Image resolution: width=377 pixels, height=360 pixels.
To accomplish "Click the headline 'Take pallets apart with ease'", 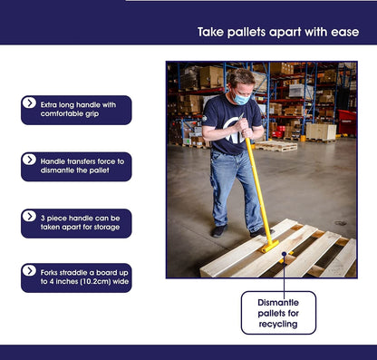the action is [x=278, y=32].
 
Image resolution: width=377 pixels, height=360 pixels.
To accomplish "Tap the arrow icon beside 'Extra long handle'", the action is [x=29, y=102].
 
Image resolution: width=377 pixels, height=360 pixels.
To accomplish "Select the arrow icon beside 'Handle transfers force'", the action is [x=29, y=160].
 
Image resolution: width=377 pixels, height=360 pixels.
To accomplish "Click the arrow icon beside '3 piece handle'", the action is [x=29, y=216].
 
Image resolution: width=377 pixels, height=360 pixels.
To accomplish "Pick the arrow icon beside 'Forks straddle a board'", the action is [x=29, y=270].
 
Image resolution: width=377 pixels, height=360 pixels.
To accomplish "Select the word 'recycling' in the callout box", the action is [x=278, y=325].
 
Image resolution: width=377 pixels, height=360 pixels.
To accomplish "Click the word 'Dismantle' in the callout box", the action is [x=278, y=303].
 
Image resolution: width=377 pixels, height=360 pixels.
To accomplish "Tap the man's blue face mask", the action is [x=241, y=98].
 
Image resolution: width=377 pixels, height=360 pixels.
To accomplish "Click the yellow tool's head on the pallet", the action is [x=270, y=246].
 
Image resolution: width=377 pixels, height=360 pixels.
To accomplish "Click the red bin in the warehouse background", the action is [x=347, y=122].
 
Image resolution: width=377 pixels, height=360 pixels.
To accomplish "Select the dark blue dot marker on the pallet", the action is [x=284, y=254].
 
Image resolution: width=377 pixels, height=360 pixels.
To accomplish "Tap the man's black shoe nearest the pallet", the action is [x=260, y=232].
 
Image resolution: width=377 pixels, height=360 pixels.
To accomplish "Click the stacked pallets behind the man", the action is [x=275, y=146].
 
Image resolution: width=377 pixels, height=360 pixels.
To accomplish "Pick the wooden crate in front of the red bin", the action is [x=321, y=132].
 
